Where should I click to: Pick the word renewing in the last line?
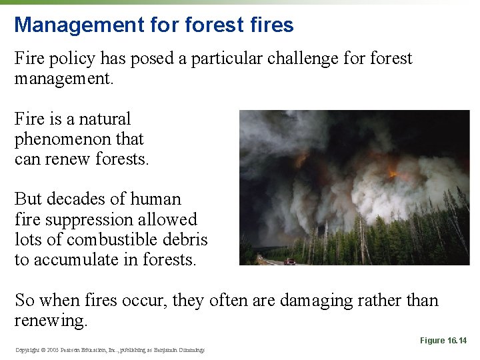pos(51,321)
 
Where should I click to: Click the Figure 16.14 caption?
pos(443,341)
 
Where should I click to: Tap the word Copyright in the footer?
pos(27,350)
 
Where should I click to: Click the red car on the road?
pos(289,261)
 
